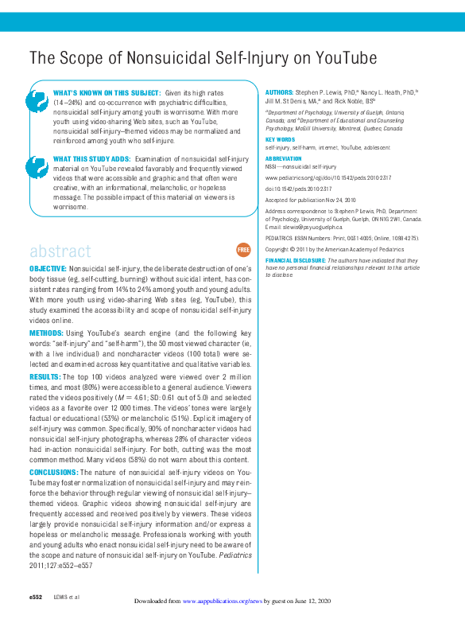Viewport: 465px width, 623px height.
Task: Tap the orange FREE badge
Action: pos(243,250)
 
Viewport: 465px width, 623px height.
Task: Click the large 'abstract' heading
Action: pos(60,251)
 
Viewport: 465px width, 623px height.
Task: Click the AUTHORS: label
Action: pos(279,92)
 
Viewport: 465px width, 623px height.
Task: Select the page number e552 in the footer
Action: pos(36,597)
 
